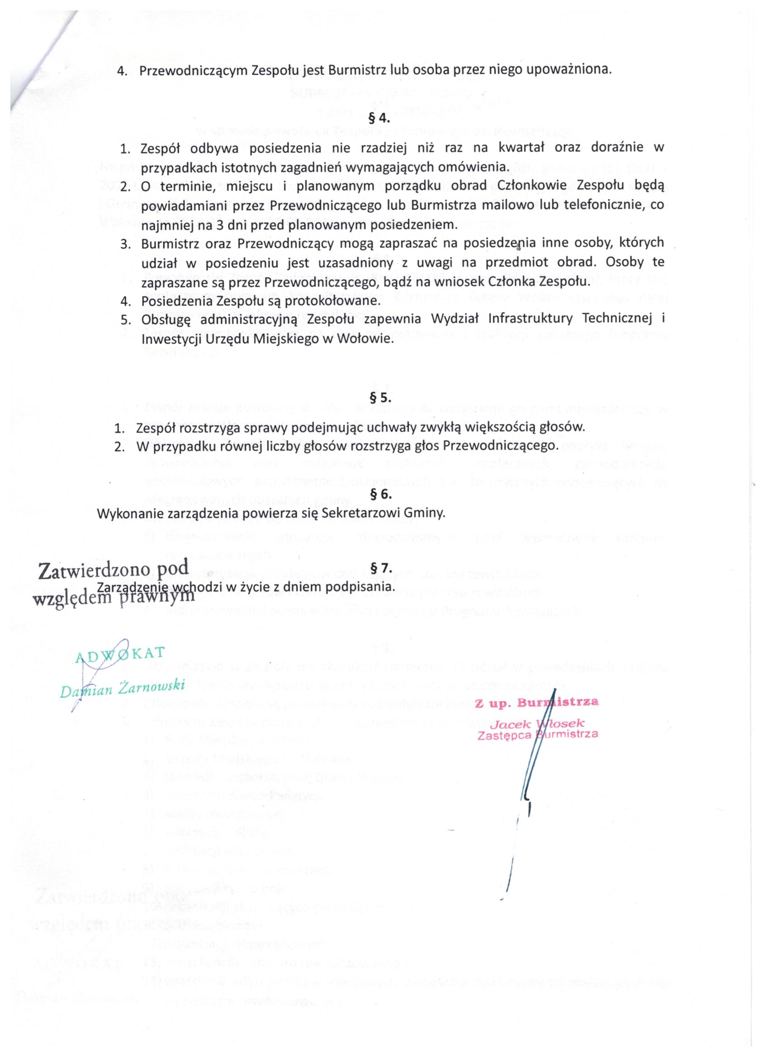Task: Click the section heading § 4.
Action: [380, 119]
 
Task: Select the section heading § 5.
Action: [380, 399]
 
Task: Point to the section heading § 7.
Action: [380, 568]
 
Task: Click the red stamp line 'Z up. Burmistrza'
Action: [536, 702]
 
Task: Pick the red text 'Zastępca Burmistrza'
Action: [538, 735]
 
